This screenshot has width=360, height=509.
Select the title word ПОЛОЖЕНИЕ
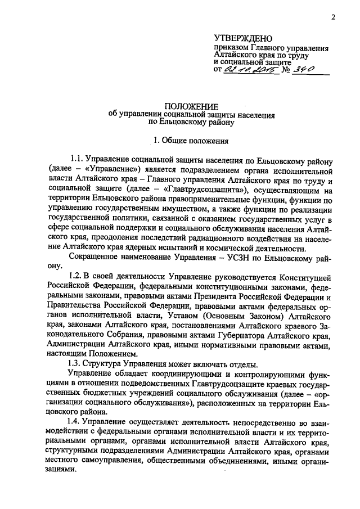pyautogui.click(x=191, y=106)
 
